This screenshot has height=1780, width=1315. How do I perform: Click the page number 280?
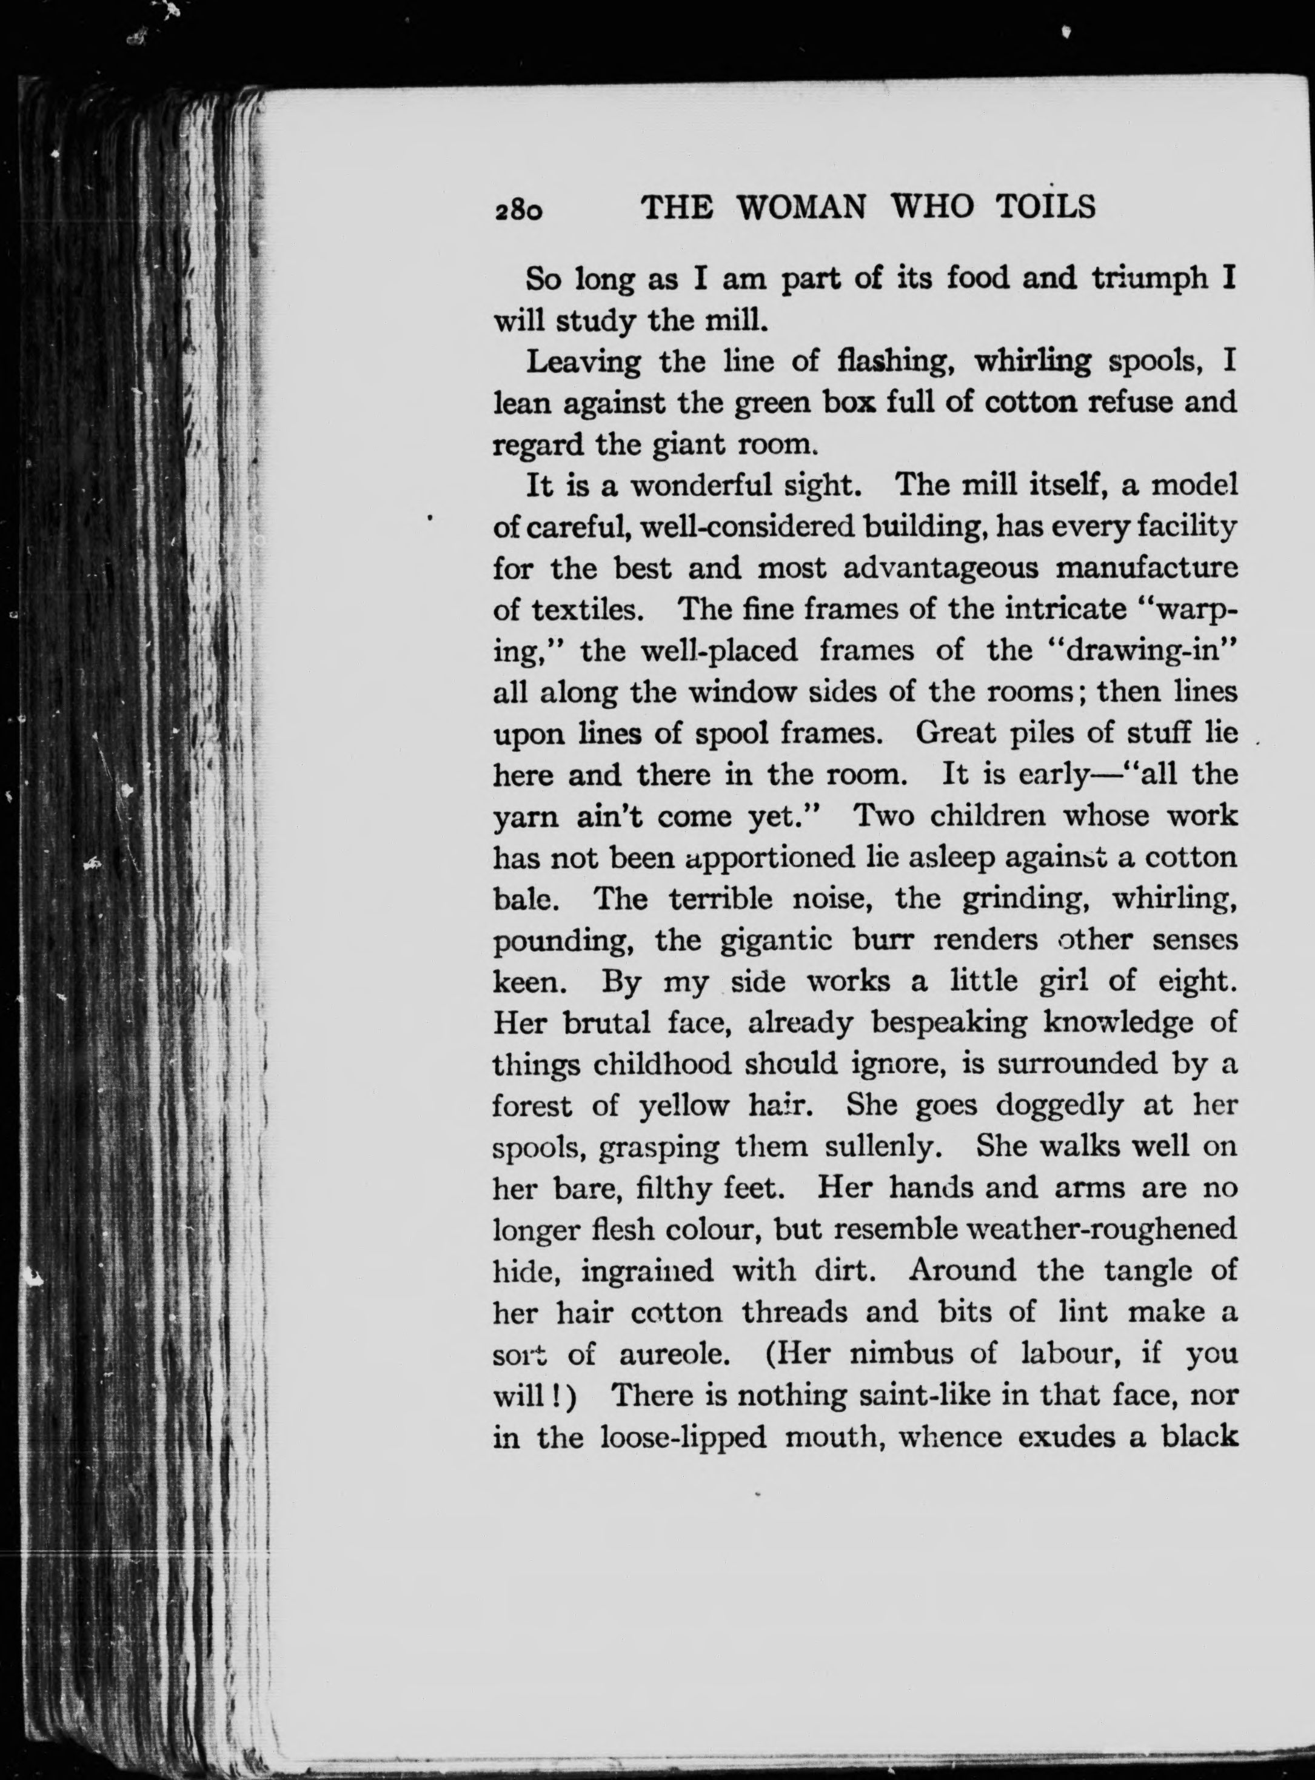tap(519, 211)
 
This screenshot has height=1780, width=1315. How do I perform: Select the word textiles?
tap(587, 610)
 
